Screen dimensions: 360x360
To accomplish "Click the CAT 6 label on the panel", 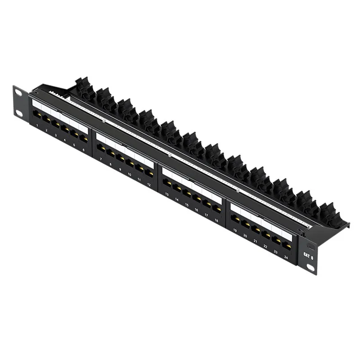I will (308, 255).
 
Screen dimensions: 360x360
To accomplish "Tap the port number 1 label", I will (36, 125).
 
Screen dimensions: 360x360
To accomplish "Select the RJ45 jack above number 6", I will (84, 139).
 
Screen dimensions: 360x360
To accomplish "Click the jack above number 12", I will (149, 173).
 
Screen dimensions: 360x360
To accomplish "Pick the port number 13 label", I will (167, 194).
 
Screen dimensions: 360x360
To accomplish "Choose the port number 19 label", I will (235, 230).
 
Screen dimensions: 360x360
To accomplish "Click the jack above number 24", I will (286, 246).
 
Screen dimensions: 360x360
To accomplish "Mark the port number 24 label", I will (286, 257).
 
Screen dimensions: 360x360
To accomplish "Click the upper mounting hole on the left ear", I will (18, 92).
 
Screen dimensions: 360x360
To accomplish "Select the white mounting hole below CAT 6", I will (311, 267).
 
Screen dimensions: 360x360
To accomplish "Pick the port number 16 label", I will (197, 210).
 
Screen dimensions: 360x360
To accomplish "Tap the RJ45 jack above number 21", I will (256, 229).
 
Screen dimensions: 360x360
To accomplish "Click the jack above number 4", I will (65, 129).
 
